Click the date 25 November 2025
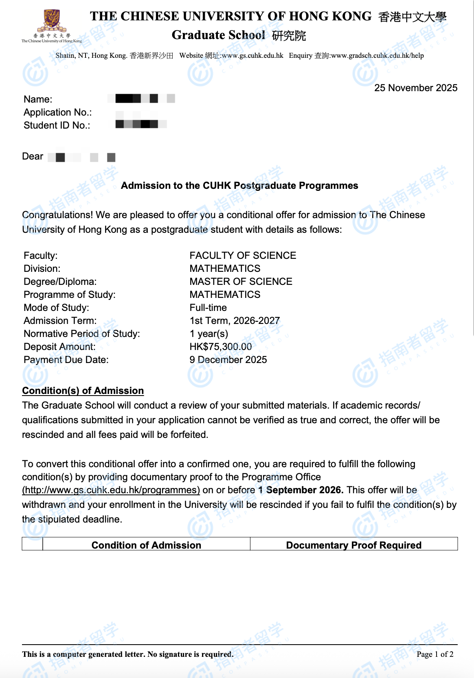tap(415, 88)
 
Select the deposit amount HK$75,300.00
tap(220, 347)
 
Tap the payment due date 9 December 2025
tap(228, 360)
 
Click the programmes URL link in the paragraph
tap(111, 490)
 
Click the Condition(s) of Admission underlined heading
tap(83, 391)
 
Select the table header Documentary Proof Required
tap(353, 545)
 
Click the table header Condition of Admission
tap(146, 545)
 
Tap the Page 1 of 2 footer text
tap(434, 654)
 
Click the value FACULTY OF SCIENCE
tap(243, 256)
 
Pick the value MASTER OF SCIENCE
tap(241, 282)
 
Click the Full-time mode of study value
tap(208, 308)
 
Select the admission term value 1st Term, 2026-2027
tap(235, 321)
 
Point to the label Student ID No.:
tap(57, 125)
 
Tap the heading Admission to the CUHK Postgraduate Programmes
tap(239, 186)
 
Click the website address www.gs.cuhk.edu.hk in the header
tap(252, 56)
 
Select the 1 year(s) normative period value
tap(208, 334)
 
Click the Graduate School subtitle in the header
tap(219, 35)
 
